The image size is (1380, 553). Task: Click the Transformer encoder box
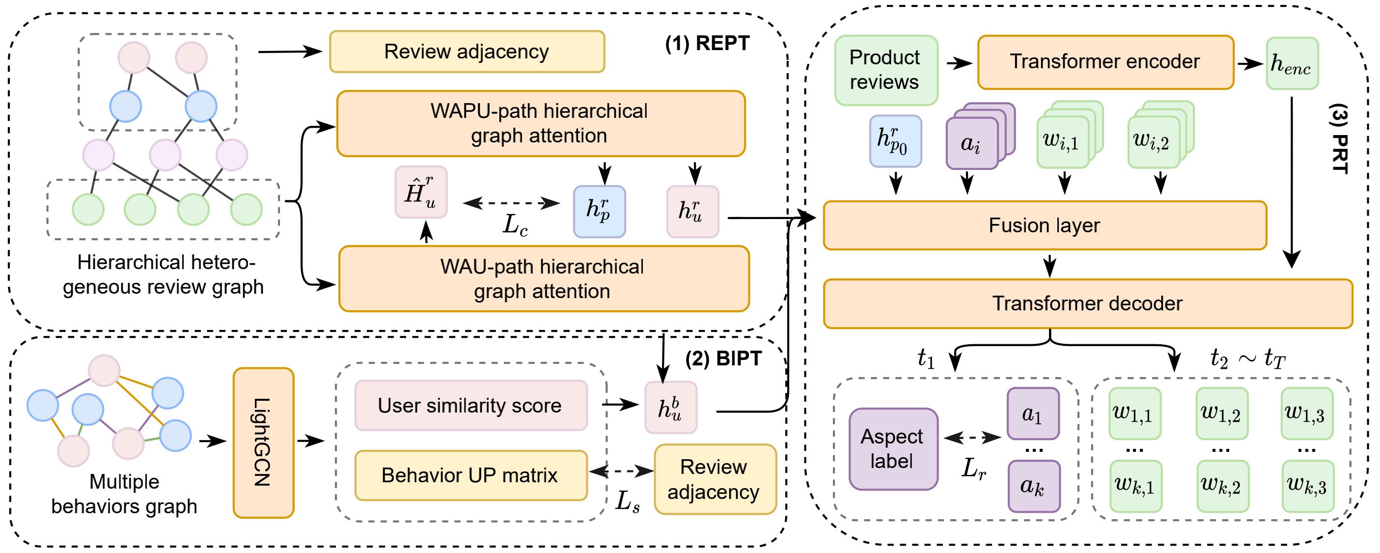pyautogui.click(x=1105, y=62)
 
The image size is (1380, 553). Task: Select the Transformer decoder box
pyautogui.click(x=1087, y=304)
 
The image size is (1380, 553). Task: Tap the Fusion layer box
pyautogui.click(x=1045, y=225)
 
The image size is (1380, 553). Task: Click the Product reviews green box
pyautogui.click(x=885, y=70)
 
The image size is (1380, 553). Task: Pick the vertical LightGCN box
pyautogui.click(x=263, y=442)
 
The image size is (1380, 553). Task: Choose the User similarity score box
pyautogui.click(x=470, y=405)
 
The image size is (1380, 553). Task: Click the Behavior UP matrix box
pyautogui.click(x=470, y=475)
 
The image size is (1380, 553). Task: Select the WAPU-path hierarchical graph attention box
pyautogui.click(x=541, y=123)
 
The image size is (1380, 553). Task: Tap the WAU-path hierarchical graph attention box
pyautogui.click(x=543, y=278)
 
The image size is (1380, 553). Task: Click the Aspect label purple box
pyautogui.click(x=893, y=448)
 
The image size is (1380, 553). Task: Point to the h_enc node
pyautogui.click(x=1292, y=63)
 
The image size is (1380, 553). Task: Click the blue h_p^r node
pyautogui.click(x=599, y=211)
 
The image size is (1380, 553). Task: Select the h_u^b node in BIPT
pyautogui.click(x=670, y=407)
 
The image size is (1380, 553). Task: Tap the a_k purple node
pyautogui.click(x=1033, y=486)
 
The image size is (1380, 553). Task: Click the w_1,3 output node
pyautogui.click(x=1306, y=413)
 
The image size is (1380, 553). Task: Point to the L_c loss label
pyautogui.click(x=515, y=225)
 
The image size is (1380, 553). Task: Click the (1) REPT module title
pyautogui.click(x=707, y=43)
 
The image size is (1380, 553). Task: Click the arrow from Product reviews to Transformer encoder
pyautogui.click(x=959, y=64)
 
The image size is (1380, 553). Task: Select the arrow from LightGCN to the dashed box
pyautogui.click(x=311, y=442)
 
